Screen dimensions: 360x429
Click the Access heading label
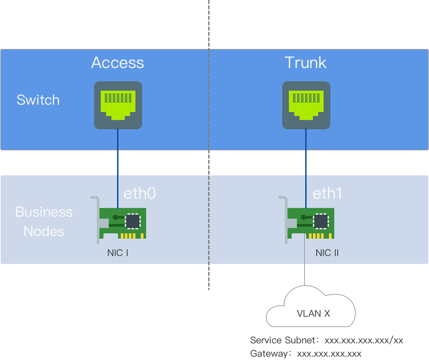[117, 63]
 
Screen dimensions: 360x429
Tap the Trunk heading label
[305, 63]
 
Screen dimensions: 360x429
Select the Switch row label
[38, 100]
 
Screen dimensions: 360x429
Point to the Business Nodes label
[44, 222]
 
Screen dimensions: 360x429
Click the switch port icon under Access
[118, 105]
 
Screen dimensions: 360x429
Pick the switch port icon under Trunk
[306, 105]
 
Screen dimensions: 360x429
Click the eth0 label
[139, 193]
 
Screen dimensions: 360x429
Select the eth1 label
[327, 193]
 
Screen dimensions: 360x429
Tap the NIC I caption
[118, 253]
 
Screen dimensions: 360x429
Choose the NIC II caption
[327, 253]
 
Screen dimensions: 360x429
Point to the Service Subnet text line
[327, 340]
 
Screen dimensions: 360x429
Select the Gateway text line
[306, 353]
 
